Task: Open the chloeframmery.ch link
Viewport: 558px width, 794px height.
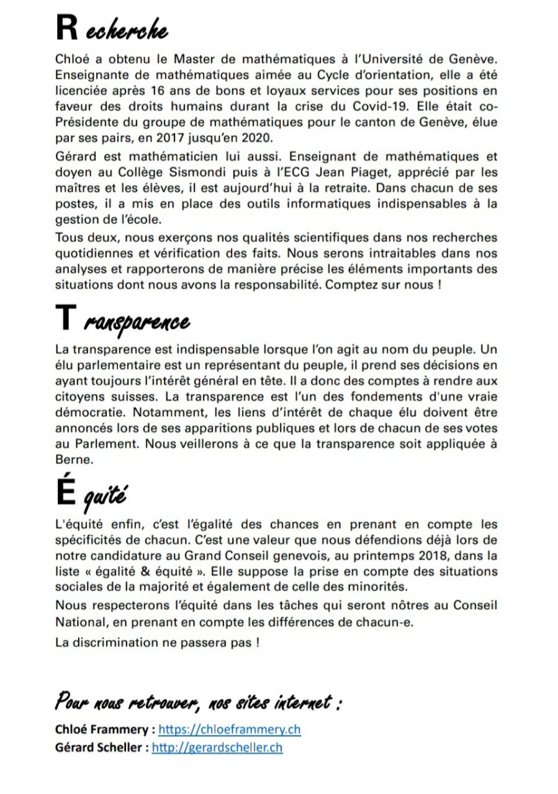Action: (229, 729)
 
